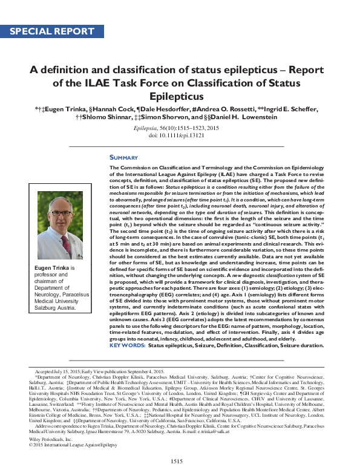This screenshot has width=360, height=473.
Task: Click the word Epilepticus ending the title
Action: pos(180,96)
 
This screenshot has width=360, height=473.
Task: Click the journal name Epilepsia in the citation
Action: pos(159,129)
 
